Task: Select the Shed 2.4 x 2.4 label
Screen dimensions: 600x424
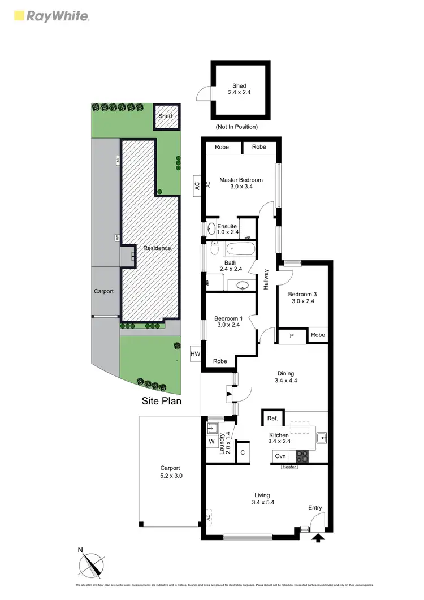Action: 239,90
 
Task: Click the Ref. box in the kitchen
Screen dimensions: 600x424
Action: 272,418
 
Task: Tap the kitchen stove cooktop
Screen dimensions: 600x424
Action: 301,456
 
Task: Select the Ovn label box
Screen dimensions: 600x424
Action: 280,456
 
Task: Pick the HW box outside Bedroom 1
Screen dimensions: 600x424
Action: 196,354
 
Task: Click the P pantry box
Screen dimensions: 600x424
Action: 292,335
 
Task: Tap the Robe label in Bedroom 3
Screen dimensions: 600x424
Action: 318,335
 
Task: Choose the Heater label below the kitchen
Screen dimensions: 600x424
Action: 289,467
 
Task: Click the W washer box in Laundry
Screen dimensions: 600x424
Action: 211,441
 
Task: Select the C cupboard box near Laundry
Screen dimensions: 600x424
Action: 243,452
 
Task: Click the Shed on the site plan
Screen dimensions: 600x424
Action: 165,116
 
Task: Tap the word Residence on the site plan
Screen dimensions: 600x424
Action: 157,248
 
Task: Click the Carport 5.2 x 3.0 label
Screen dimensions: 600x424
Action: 170,472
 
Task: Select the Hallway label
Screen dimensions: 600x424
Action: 266,279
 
